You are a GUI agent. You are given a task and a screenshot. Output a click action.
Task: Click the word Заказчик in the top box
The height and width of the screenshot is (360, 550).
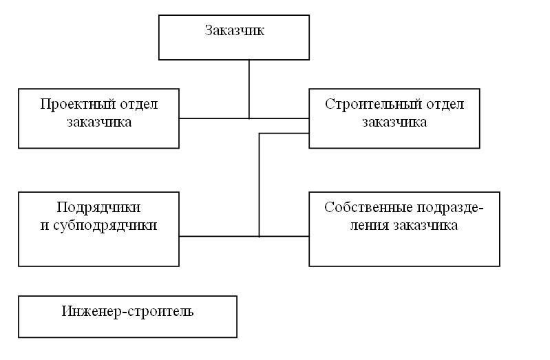[234, 30]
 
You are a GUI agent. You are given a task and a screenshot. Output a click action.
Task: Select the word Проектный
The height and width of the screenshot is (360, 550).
[78, 104]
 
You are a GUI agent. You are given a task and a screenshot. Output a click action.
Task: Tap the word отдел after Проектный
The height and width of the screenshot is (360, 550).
[139, 105]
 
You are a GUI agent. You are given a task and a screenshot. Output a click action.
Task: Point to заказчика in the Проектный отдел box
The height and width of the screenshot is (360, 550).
[99, 122]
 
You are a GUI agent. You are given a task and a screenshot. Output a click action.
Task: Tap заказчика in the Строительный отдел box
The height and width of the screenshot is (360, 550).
[394, 122]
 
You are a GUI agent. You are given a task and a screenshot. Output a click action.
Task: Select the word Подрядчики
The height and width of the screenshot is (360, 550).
[98, 208]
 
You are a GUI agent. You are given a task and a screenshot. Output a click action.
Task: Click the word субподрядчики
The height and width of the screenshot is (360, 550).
[105, 226]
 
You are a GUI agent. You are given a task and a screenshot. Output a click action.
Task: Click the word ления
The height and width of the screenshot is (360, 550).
[370, 226]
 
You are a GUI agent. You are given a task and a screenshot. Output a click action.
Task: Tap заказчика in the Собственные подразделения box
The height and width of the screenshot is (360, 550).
[425, 226]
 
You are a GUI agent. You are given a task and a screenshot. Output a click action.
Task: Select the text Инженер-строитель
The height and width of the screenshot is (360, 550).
[127, 312]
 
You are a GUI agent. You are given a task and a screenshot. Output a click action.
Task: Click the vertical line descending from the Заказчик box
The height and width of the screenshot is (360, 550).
[249, 89]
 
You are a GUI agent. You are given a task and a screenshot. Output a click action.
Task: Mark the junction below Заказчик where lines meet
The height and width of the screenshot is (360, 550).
[249, 118]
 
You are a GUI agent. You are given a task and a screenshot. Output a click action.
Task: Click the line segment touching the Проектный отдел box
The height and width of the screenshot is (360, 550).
[214, 118]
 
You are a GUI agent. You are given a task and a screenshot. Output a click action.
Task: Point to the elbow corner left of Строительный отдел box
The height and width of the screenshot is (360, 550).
[260, 134]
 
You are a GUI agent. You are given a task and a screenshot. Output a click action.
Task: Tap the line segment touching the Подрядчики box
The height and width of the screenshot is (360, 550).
[219, 237]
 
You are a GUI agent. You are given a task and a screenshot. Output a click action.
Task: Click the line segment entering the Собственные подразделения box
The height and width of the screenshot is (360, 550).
[284, 237]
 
